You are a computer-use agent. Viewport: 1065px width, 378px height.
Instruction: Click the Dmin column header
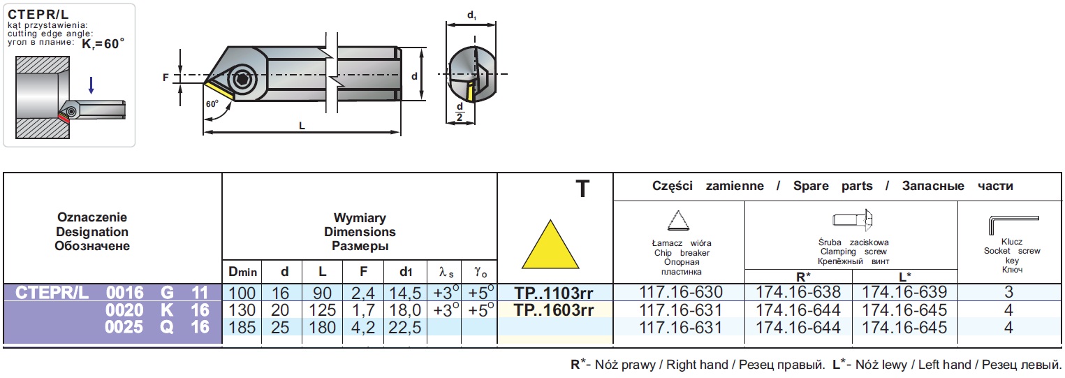[x=242, y=271]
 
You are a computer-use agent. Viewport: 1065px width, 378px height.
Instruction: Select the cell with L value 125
[x=322, y=310]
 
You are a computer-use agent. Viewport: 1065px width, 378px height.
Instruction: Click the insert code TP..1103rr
[x=554, y=293]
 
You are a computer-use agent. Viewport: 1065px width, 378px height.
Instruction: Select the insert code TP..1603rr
[x=554, y=310]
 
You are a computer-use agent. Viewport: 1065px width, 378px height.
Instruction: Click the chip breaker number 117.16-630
[x=680, y=293]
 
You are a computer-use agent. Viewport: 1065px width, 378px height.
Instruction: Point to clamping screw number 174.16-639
[x=905, y=293]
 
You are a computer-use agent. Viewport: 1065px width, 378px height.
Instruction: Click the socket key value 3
[x=1008, y=293]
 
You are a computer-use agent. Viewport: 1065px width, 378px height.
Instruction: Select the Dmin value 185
[x=242, y=327]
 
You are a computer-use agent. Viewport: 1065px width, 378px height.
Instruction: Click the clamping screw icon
[x=853, y=220]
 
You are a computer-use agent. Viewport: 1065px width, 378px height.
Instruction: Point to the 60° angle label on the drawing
[x=212, y=103]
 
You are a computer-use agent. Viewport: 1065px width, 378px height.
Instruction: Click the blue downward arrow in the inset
[x=91, y=86]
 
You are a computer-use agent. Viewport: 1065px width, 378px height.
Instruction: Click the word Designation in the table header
[x=91, y=231]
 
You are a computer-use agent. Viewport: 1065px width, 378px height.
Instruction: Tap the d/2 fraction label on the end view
[x=460, y=112]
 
